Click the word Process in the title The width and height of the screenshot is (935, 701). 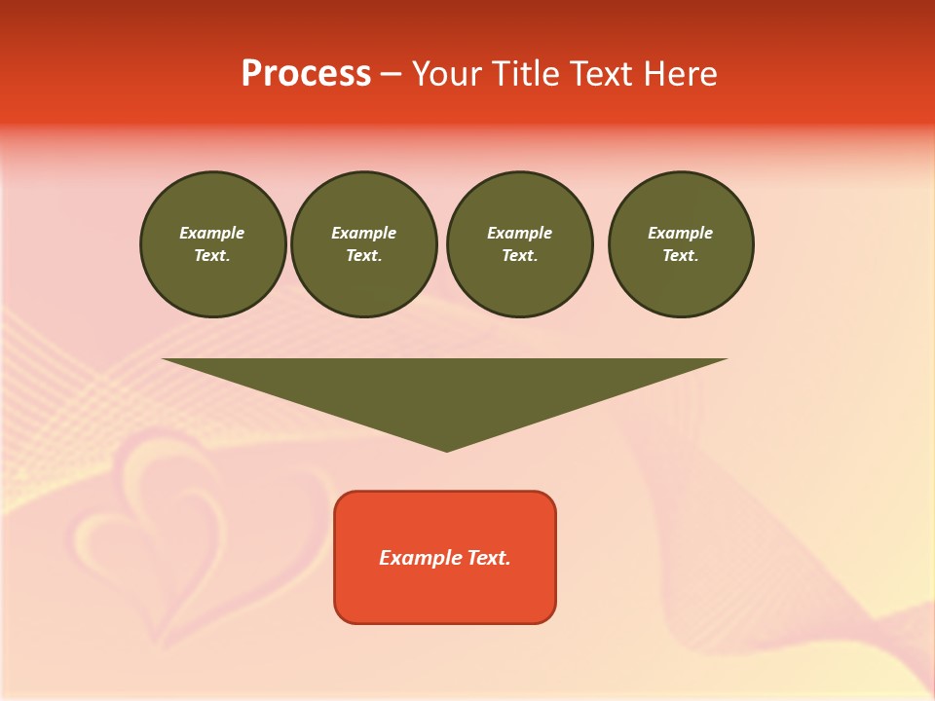tap(306, 74)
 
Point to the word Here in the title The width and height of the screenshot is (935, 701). tap(680, 74)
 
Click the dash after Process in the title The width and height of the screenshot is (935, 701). tap(391, 75)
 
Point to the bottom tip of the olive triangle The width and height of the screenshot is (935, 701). tap(446, 450)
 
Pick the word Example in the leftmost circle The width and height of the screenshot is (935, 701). tap(212, 233)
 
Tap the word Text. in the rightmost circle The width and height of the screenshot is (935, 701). tap(681, 256)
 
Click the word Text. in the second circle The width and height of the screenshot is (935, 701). tap(363, 256)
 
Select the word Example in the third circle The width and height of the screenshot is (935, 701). tap(519, 233)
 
